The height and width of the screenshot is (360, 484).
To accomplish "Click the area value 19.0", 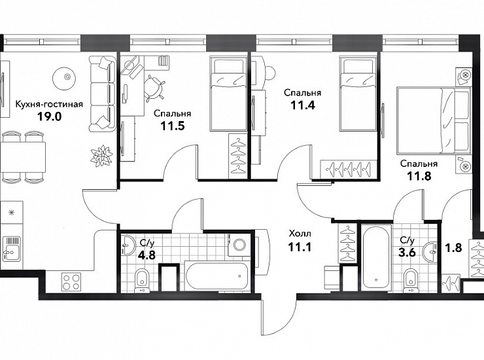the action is [50, 117].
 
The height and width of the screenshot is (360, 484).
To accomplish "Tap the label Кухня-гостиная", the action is [50, 104].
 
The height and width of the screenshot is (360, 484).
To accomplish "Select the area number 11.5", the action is [172, 126].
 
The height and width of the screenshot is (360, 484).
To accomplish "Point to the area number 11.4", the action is [303, 105].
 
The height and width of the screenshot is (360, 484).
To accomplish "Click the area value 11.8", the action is [419, 176].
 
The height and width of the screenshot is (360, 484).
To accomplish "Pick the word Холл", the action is [300, 233].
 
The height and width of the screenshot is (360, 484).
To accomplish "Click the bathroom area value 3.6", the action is [407, 253].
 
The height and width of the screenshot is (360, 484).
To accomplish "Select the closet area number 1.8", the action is [453, 247].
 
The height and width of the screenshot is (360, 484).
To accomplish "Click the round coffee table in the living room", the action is [64, 79].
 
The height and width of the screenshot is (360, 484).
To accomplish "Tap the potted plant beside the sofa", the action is [101, 155].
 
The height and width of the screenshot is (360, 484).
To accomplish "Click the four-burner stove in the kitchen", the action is [71, 282].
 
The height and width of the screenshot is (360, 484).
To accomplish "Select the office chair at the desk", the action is [154, 88].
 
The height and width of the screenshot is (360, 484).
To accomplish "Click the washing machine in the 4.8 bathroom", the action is [239, 245].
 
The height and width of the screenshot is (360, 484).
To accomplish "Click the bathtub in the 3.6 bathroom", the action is [375, 259].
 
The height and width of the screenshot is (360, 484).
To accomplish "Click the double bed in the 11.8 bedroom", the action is [434, 120].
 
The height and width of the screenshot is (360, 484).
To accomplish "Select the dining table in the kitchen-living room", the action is [23, 157].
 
